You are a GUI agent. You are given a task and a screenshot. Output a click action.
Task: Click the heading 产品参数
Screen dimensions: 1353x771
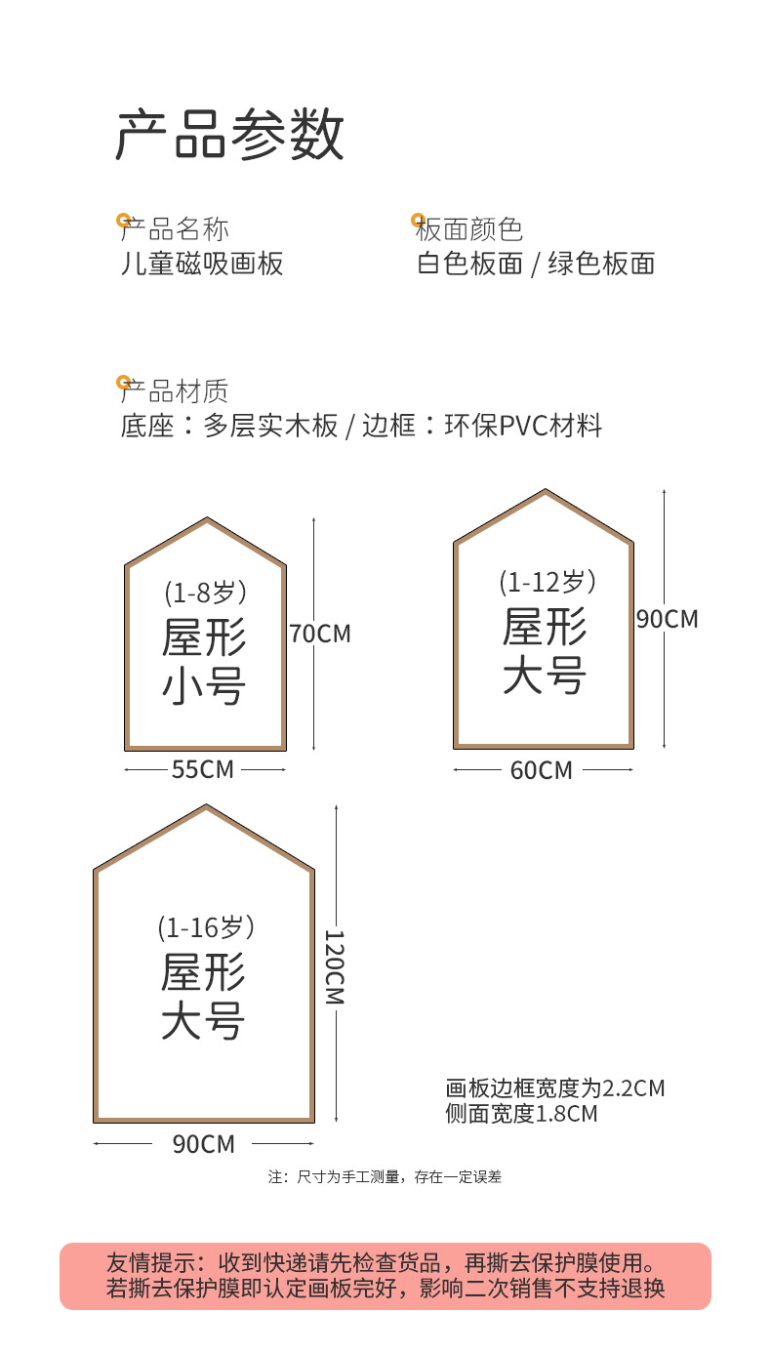pos(230,135)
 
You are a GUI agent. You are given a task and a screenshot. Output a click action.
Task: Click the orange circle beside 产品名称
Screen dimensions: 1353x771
pos(123,221)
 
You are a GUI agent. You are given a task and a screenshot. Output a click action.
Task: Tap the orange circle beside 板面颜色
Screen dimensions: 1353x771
pos(418,221)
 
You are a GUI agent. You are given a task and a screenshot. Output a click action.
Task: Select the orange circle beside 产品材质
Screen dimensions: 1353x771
pos(123,382)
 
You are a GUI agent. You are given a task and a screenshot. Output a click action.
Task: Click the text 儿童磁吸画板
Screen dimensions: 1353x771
pos(201,264)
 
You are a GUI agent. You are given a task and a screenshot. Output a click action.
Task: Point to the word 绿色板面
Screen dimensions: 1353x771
pos(600,264)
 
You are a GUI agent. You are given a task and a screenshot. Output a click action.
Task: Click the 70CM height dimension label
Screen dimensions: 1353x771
pos(320,634)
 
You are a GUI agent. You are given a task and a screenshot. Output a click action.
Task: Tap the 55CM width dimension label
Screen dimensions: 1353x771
pos(203,769)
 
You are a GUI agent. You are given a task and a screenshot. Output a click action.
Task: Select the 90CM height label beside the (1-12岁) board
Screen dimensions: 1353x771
pos(668,619)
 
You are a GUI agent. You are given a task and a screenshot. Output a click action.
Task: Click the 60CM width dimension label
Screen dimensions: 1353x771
pos(541,771)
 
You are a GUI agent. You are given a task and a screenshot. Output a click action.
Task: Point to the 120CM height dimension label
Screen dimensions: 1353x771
pos(334,966)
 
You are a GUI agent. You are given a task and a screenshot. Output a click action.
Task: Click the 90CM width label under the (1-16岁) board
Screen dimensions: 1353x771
pos(204,1144)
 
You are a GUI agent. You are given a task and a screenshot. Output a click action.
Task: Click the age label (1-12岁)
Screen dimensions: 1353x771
pos(547,582)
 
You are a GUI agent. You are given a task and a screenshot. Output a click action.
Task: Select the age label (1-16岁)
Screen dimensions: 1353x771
pos(205,926)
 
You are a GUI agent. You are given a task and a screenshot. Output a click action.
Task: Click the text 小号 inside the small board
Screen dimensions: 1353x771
pos(204,687)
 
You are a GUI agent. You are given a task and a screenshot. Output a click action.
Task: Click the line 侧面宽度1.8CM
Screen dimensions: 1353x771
pos(521,1113)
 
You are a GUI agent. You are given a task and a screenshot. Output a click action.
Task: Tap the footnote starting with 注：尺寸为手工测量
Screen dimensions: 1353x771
pos(385,1177)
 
